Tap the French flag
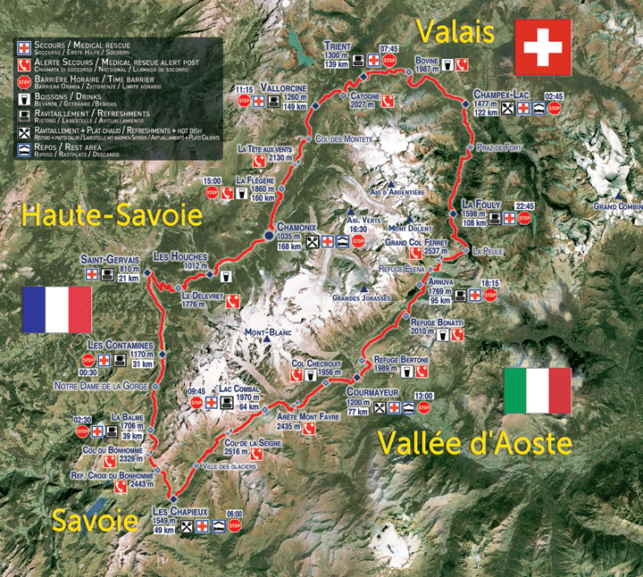pos(56,310)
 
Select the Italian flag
pos(538,390)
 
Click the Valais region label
pos(455,33)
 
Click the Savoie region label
pos(95,521)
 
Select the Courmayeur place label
pos(371,390)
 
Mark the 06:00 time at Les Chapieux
pos(235,514)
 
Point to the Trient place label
pos(338,46)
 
